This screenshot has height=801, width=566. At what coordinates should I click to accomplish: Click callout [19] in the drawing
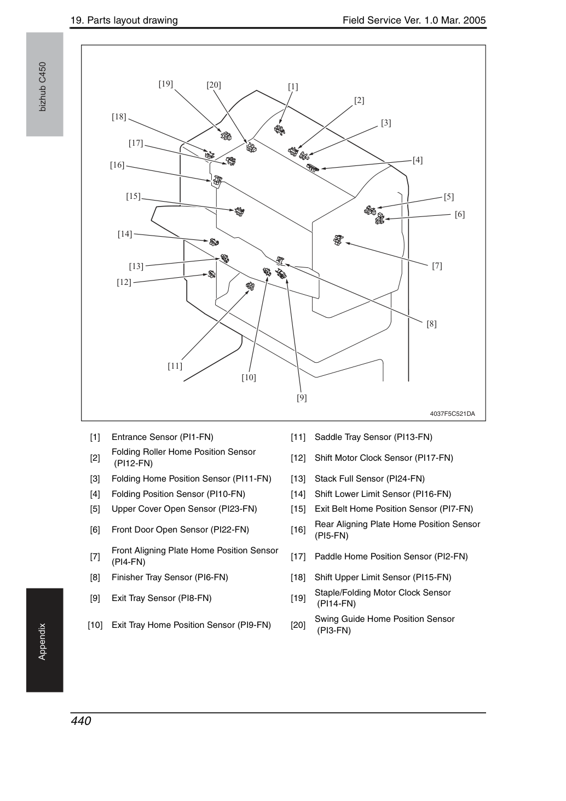(166, 84)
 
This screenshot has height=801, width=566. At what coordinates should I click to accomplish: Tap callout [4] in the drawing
(417, 160)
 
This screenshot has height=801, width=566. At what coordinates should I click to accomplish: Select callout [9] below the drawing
(302, 398)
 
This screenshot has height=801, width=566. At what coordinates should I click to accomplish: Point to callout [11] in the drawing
(175, 366)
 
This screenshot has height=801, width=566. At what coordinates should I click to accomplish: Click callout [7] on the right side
(437, 266)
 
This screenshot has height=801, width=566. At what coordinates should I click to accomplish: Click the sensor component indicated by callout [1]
(279, 130)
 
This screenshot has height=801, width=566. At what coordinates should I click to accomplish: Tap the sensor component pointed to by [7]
(338, 240)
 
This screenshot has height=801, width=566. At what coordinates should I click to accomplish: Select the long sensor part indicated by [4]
(312, 167)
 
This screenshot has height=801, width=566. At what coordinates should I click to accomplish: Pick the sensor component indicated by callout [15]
(239, 211)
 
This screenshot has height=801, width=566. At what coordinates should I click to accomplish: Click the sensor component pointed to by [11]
(250, 285)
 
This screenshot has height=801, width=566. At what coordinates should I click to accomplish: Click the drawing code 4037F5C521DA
(452, 414)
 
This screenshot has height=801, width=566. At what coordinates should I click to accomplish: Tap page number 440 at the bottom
(81, 720)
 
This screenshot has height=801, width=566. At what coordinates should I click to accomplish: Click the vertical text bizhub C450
(43, 87)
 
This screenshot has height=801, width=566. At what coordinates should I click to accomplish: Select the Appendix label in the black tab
(42, 642)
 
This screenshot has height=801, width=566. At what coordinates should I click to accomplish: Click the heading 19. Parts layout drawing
(124, 20)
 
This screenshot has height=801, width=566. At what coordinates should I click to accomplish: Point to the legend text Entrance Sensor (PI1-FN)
(162, 437)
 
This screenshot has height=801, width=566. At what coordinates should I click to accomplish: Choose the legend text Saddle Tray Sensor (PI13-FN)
(373, 437)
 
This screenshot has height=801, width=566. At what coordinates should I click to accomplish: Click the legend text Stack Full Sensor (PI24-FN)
(369, 478)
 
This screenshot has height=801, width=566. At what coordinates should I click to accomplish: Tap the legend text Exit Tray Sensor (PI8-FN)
(161, 598)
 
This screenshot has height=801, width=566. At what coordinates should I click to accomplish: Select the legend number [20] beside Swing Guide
(298, 625)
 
